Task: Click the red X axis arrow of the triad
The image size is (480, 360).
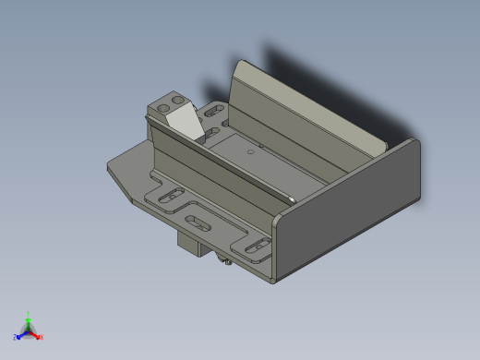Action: (38, 336)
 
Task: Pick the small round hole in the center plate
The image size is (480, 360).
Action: (247, 151)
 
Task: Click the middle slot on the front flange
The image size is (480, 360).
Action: (198, 222)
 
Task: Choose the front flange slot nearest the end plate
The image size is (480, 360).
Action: (257, 246)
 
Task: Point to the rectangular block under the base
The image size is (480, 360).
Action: (194, 245)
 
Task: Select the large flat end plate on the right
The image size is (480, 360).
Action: (351, 212)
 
